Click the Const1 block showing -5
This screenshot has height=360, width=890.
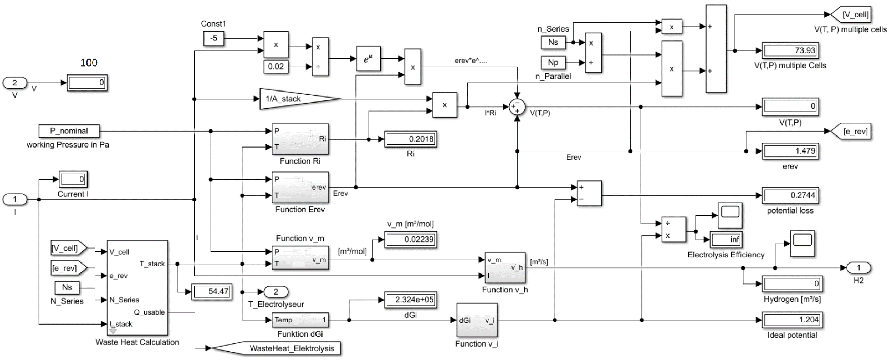tap(213, 38)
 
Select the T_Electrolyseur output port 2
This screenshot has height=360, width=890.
tap(276, 292)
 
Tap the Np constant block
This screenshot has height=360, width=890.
tap(553, 62)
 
